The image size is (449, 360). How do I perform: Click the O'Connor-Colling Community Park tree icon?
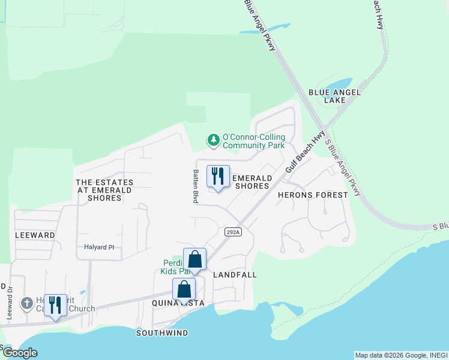coord(213,140)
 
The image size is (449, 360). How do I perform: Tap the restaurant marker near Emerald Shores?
coord(218,176)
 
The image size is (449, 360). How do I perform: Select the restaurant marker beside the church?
coord(55,305)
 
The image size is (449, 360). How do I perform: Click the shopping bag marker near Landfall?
coord(194,260)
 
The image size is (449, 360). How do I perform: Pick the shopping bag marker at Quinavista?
coord(184,290)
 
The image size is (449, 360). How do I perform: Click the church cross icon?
coord(26,304)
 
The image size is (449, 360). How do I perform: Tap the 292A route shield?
coord(233,232)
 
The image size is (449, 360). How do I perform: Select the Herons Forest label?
coord(313,195)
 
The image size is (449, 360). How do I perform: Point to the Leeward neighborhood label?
coord(35,235)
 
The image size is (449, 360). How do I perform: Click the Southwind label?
coord(162,333)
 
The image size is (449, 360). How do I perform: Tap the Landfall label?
coord(235,275)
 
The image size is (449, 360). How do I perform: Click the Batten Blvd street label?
coord(196,186)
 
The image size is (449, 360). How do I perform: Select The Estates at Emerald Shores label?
coord(104,190)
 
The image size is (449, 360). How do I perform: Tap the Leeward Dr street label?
coord(10,302)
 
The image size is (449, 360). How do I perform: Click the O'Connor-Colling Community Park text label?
coord(253,141)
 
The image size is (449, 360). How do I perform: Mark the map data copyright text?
coord(401,355)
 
